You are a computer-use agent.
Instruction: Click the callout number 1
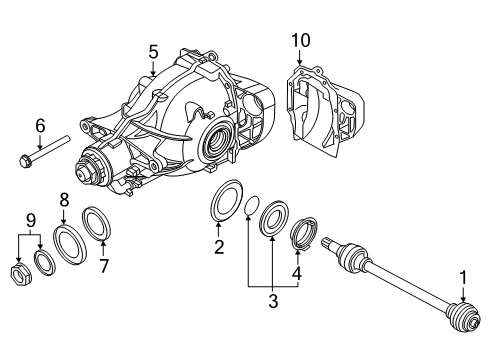(463, 276)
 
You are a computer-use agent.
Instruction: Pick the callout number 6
(40, 125)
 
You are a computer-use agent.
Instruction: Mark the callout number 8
(63, 199)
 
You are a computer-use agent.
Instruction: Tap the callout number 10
(301, 40)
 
